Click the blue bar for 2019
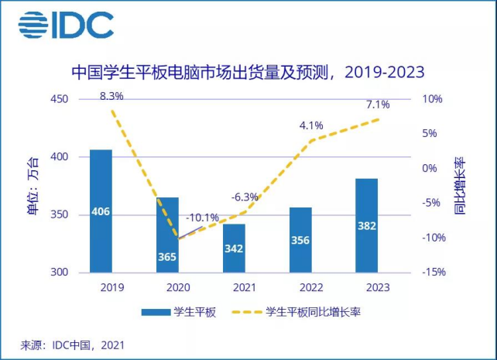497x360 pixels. click(x=101, y=211)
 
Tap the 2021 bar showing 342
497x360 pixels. click(x=234, y=248)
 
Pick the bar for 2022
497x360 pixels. click(x=300, y=240)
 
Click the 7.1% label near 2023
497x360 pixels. click(x=380, y=105)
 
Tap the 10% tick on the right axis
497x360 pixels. click(x=432, y=99)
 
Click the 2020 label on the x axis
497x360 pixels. click(x=167, y=287)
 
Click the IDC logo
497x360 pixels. click(x=67, y=25)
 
